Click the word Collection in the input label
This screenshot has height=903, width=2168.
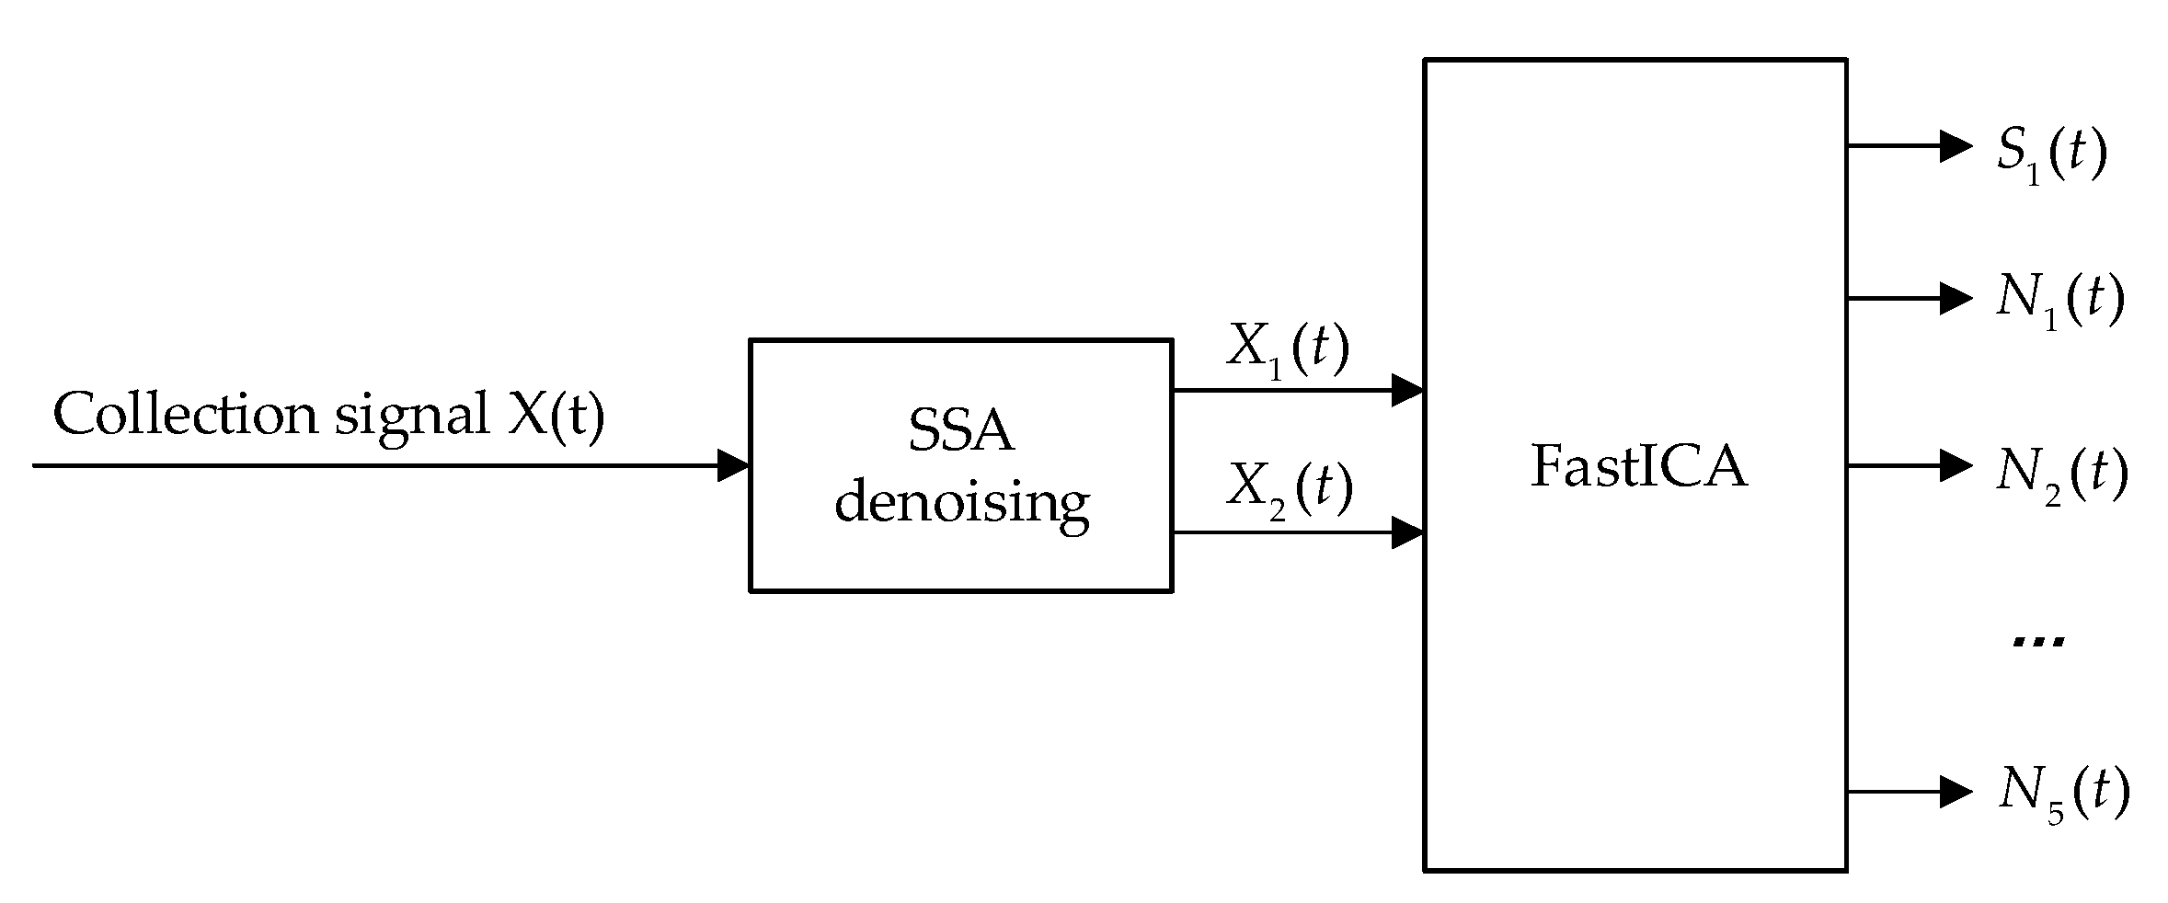coord(184,415)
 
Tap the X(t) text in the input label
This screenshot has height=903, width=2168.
coord(556,415)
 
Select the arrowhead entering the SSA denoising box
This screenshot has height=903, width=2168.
coord(733,465)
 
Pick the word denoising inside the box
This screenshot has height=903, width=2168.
coord(961,503)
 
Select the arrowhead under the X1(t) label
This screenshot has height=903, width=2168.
coord(1407,390)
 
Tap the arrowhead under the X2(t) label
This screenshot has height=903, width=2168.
coord(1407,532)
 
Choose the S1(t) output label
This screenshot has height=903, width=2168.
coord(2050,154)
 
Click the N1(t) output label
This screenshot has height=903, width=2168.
coord(2059,302)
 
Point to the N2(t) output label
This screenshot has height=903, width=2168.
coord(2061,475)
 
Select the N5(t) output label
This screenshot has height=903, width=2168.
coord(2063,794)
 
